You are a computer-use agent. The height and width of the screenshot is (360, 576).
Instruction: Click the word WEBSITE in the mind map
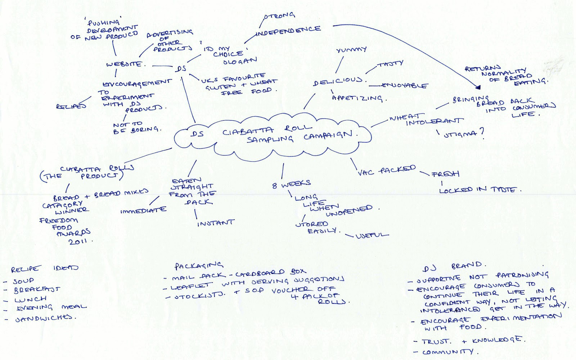coord(124,64)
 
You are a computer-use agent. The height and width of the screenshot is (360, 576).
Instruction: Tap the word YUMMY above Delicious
coord(351,50)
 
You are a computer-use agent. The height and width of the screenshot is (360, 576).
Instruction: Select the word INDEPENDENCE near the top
coord(288,31)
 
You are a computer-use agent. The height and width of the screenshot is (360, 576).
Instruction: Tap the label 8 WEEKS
coord(291,184)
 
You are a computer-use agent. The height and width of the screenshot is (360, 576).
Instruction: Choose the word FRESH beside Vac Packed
coord(445,174)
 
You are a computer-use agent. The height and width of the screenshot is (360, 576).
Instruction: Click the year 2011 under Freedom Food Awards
coord(78,241)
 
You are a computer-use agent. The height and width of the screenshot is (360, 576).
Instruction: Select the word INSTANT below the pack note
coord(216,223)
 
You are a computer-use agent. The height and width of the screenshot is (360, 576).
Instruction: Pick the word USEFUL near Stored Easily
coord(372,235)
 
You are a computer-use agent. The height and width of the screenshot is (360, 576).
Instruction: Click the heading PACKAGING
coord(198,266)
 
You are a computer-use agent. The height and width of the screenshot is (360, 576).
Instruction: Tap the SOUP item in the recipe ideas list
coord(23,281)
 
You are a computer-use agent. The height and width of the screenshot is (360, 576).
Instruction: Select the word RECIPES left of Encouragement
coord(71,106)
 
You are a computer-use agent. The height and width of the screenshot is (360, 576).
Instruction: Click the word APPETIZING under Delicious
coord(357,98)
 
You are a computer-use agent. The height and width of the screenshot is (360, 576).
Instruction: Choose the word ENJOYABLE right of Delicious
coord(405,86)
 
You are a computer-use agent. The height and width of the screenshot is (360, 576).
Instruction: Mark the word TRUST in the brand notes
coord(436,341)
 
